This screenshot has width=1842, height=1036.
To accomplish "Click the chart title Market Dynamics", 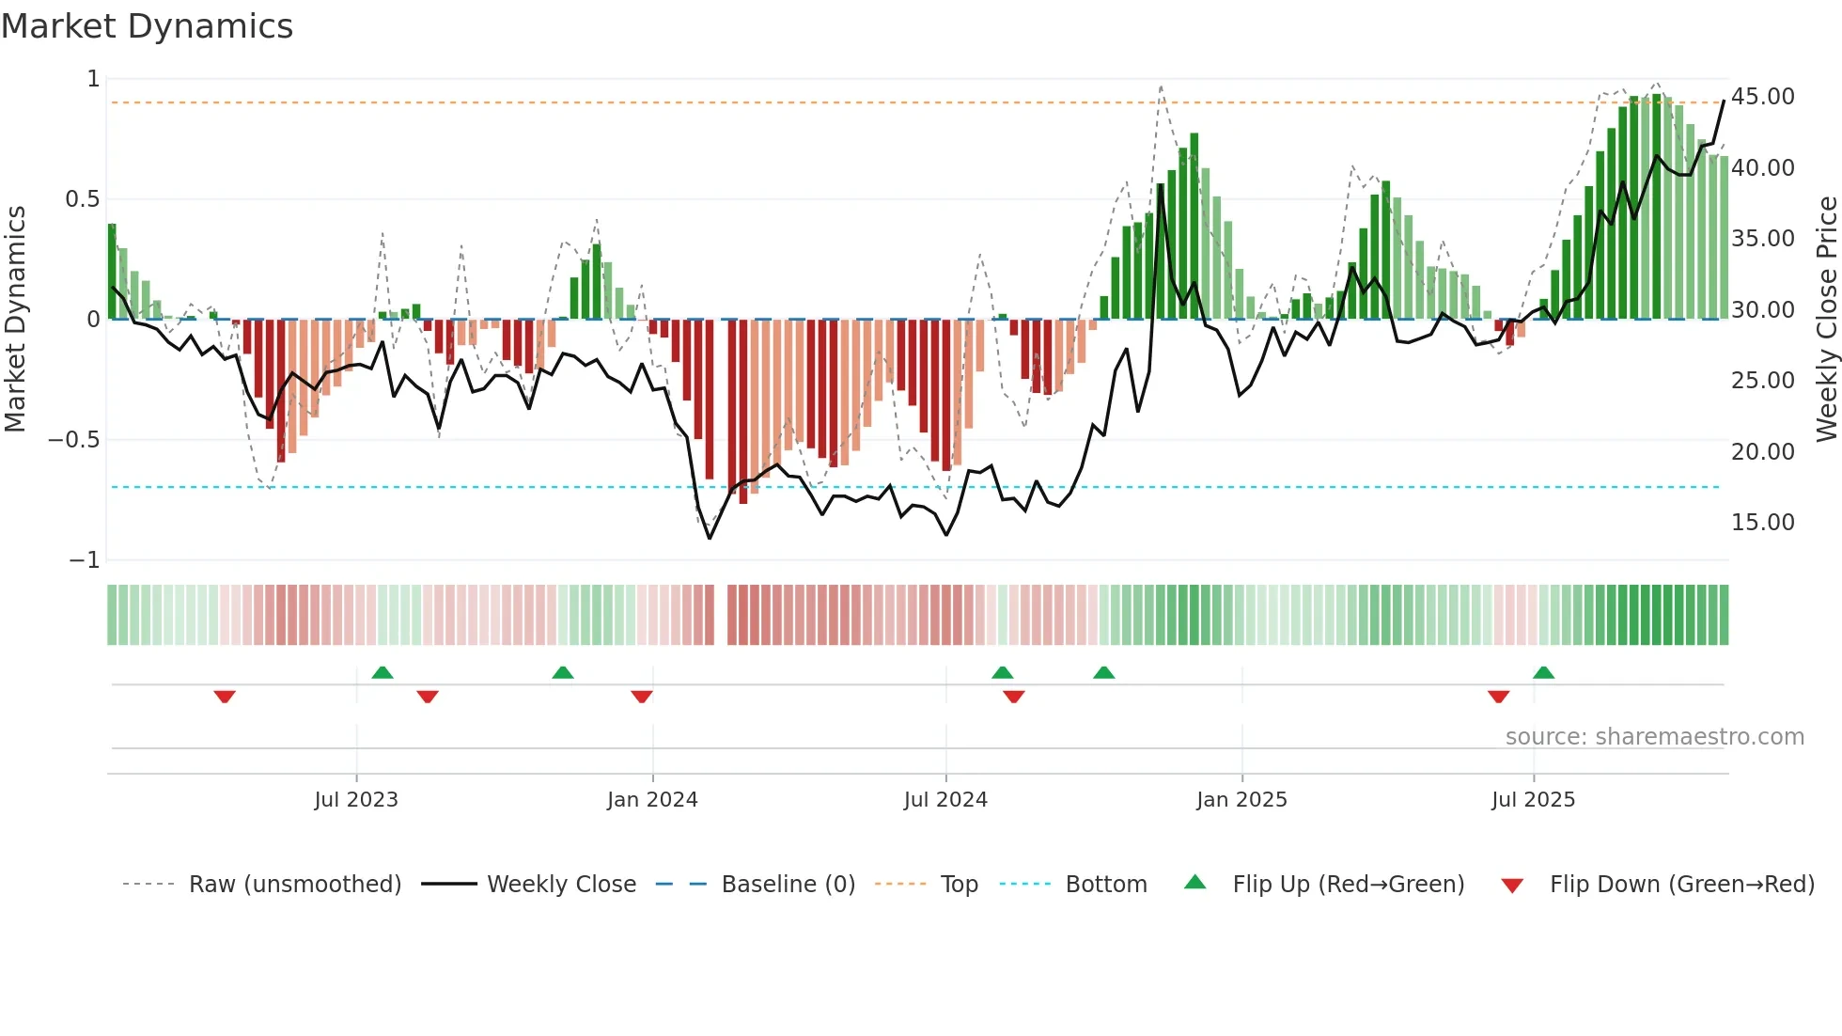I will [x=147, y=26].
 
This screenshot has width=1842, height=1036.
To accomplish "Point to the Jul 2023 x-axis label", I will [x=356, y=800].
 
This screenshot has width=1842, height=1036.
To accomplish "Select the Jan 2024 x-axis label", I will [x=652, y=800].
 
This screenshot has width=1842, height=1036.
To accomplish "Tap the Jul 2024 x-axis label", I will [x=945, y=800].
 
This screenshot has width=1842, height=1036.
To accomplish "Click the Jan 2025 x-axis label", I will [x=1241, y=800].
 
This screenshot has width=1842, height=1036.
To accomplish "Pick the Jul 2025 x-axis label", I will [x=1533, y=800].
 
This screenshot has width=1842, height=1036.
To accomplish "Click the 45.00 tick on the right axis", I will [x=1763, y=97].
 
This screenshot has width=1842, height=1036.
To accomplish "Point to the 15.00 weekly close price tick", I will [x=1763, y=523].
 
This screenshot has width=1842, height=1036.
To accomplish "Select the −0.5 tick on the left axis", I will [x=74, y=440].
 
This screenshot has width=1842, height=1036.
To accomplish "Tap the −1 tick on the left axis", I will [x=85, y=560].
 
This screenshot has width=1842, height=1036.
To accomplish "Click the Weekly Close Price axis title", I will [x=1826, y=320].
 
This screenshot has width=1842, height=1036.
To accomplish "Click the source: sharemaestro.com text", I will [x=1654, y=737].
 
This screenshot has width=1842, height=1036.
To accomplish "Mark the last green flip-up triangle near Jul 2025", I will [x=1543, y=673].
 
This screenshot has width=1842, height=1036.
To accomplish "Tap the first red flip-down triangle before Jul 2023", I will [x=225, y=697].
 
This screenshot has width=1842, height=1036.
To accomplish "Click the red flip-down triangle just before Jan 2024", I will [x=642, y=697].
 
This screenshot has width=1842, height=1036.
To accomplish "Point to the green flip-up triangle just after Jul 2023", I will [x=382, y=673].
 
